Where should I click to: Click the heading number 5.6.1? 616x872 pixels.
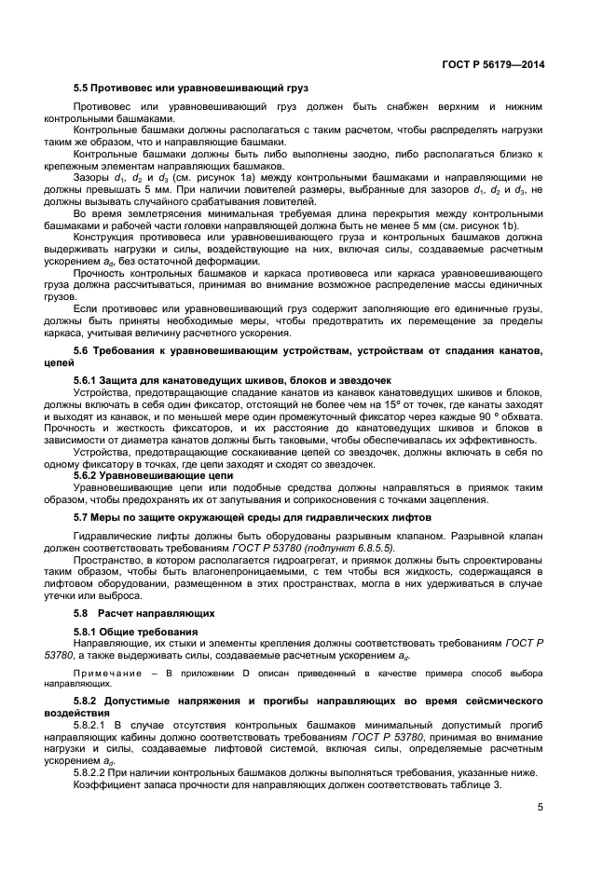tap(89, 380)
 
